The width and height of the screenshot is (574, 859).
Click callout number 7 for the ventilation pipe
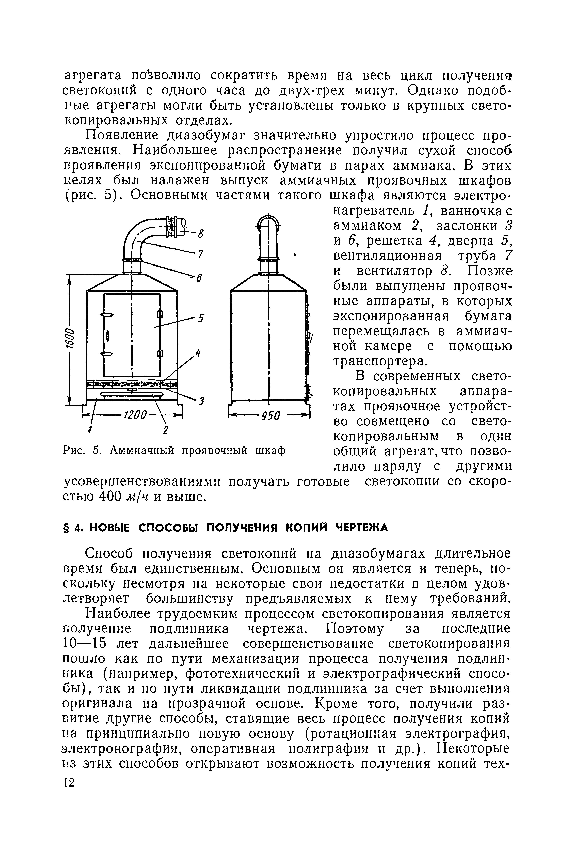[x=200, y=254]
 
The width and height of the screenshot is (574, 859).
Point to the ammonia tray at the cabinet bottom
[x=132, y=394]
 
